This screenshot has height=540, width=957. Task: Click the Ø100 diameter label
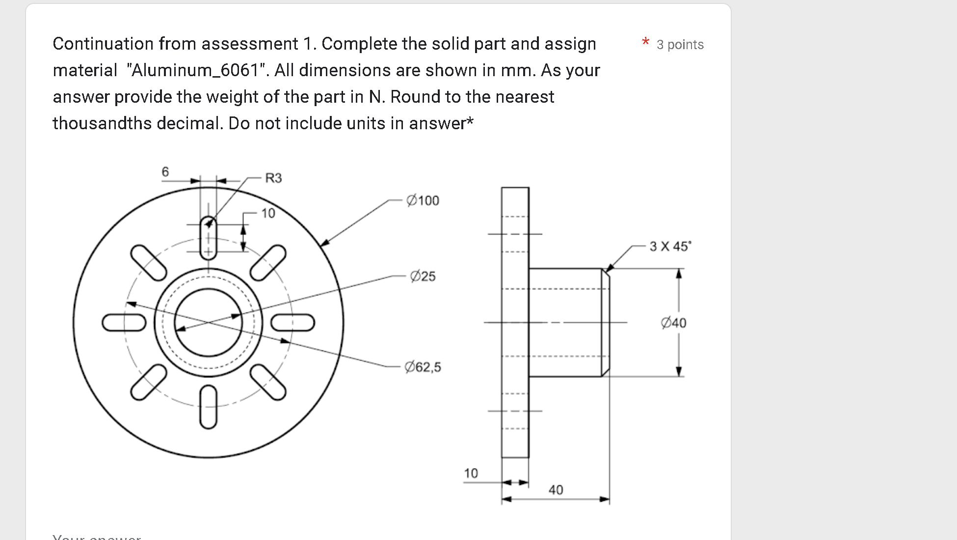pos(423,200)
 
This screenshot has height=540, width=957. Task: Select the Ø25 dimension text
pos(423,276)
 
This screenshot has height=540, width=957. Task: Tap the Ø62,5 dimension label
pos(423,367)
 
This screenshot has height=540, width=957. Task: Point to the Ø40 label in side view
pos(673,323)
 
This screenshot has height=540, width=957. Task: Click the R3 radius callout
pos(273,178)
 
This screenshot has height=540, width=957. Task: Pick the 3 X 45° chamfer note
pos(670,246)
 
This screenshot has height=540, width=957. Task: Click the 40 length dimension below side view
pos(556,490)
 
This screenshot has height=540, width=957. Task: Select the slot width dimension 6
pos(165,171)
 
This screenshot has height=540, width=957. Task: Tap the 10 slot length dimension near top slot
pos(268,213)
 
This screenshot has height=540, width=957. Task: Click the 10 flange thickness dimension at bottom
pos(471,473)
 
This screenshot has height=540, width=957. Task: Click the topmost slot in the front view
pos(209,238)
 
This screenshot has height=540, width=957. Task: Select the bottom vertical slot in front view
pos(209,407)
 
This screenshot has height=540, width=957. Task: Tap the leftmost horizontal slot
pos(124,323)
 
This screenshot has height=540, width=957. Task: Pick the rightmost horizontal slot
pos(293,323)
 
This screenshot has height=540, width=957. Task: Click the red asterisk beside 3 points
pos(645,42)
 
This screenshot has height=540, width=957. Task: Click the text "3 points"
pos(680,45)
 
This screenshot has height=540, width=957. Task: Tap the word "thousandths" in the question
pos(102,123)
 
